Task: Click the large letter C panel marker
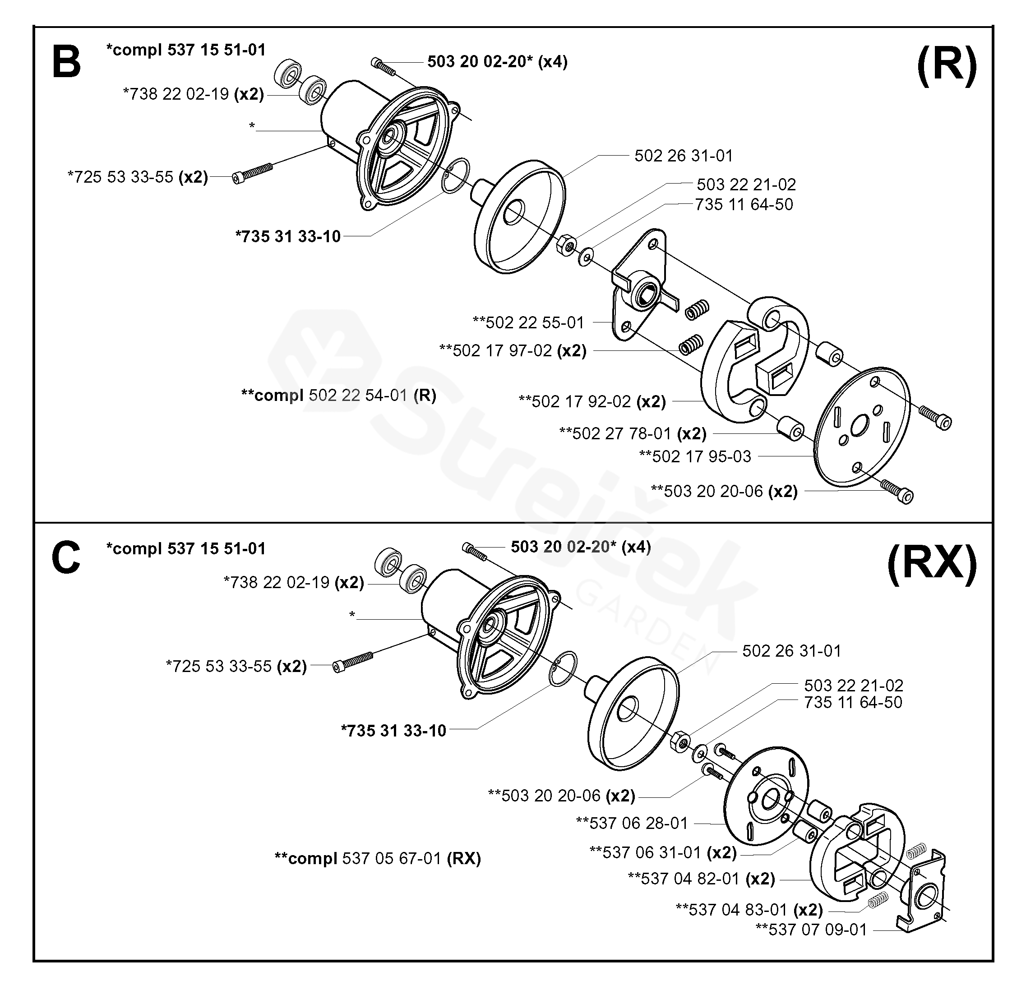point(66,558)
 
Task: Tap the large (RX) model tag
point(932,564)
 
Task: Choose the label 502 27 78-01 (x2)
point(633,433)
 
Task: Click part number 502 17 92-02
point(581,401)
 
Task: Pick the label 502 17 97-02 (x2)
point(513,350)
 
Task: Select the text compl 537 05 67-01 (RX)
point(378,858)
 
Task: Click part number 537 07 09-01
point(811,930)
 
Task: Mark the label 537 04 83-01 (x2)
point(749,910)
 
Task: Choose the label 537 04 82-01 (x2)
point(701,878)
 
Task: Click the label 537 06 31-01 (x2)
point(663,852)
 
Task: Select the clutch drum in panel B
point(520,216)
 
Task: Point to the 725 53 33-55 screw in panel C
point(353,662)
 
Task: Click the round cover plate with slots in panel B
point(862,427)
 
